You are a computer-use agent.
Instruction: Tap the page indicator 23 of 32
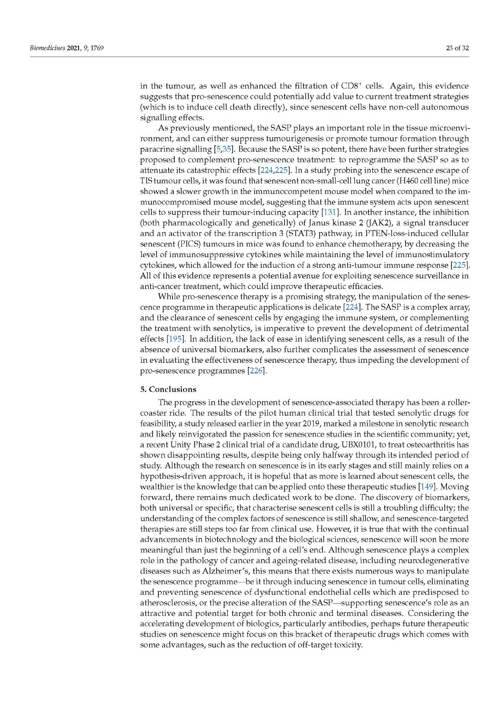[x=457, y=48]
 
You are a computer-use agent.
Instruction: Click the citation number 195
[x=175, y=339]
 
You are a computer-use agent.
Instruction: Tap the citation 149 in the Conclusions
[x=427, y=487]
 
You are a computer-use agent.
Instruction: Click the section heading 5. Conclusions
[x=168, y=389]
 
